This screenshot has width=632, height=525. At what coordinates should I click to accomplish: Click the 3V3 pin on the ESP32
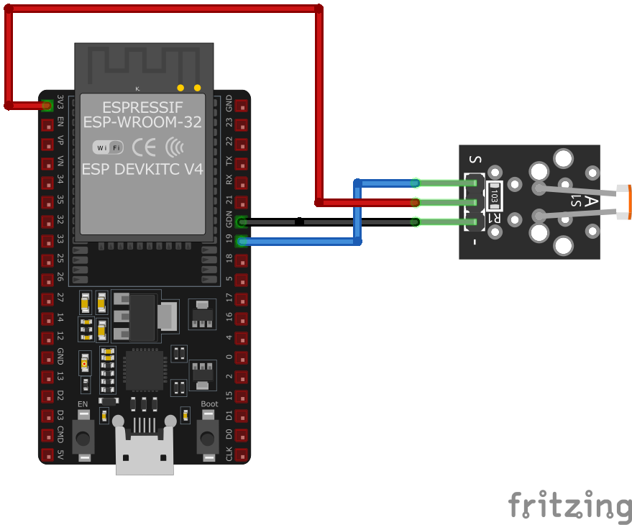[x=47, y=106]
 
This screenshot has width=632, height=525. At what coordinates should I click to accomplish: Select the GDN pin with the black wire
[x=242, y=222]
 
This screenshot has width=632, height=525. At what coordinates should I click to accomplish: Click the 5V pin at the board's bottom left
[x=47, y=455]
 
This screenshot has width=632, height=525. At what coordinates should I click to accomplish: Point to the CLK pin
[x=242, y=455]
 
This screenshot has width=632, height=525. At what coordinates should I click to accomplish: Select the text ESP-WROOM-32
[x=142, y=122]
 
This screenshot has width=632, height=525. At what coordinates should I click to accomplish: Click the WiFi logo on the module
[x=108, y=147]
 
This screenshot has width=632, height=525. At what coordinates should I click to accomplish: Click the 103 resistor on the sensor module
[x=494, y=193]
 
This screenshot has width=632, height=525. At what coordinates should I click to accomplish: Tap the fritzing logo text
[x=569, y=505]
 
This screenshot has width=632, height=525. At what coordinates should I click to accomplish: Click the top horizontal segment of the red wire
[x=165, y=9]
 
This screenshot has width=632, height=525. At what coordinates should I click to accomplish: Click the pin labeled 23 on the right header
[x=242, y=125]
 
